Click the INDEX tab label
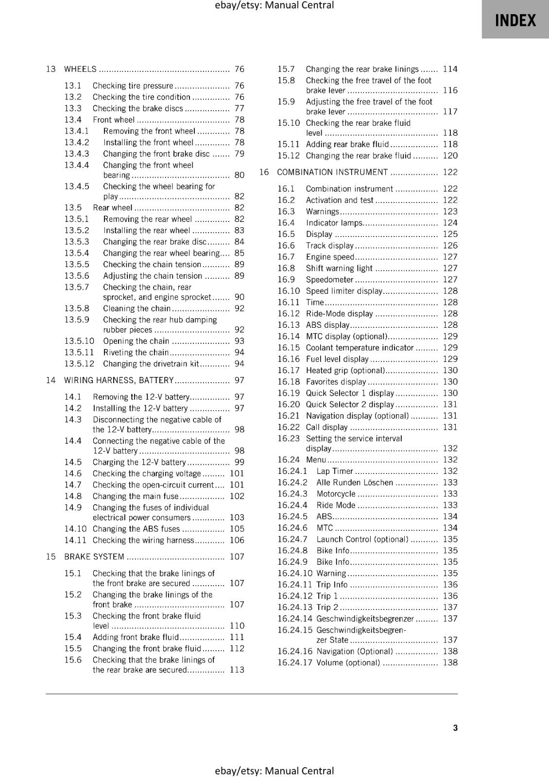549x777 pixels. tap(515, 20)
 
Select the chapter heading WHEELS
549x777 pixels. tap(81, 69)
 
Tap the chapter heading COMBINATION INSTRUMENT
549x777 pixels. tap(332, 172)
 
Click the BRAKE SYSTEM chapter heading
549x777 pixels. tap(94, 557)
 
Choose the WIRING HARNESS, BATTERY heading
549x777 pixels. tap(119, 380)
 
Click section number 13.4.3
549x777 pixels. tap(77, 153)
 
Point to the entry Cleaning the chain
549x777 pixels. tap(137, 308)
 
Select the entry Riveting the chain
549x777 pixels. tap(136, 353)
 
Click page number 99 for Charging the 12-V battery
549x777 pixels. tap(240, 462)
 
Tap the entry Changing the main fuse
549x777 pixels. tap(136, 496)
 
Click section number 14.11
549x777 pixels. tap(75, 540)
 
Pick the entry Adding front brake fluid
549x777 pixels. tap(136, 637)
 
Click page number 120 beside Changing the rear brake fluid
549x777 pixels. tap(450, 155)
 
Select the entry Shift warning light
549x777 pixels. tap(339, 268)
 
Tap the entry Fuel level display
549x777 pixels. tap(337, 359)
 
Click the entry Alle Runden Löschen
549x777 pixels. tap(355, 482)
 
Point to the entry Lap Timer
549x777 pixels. tap(335, 471)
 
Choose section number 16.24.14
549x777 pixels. tap(295, 619)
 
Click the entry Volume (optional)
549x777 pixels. tap(348, 662)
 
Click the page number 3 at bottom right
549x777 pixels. tap(455, 727)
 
